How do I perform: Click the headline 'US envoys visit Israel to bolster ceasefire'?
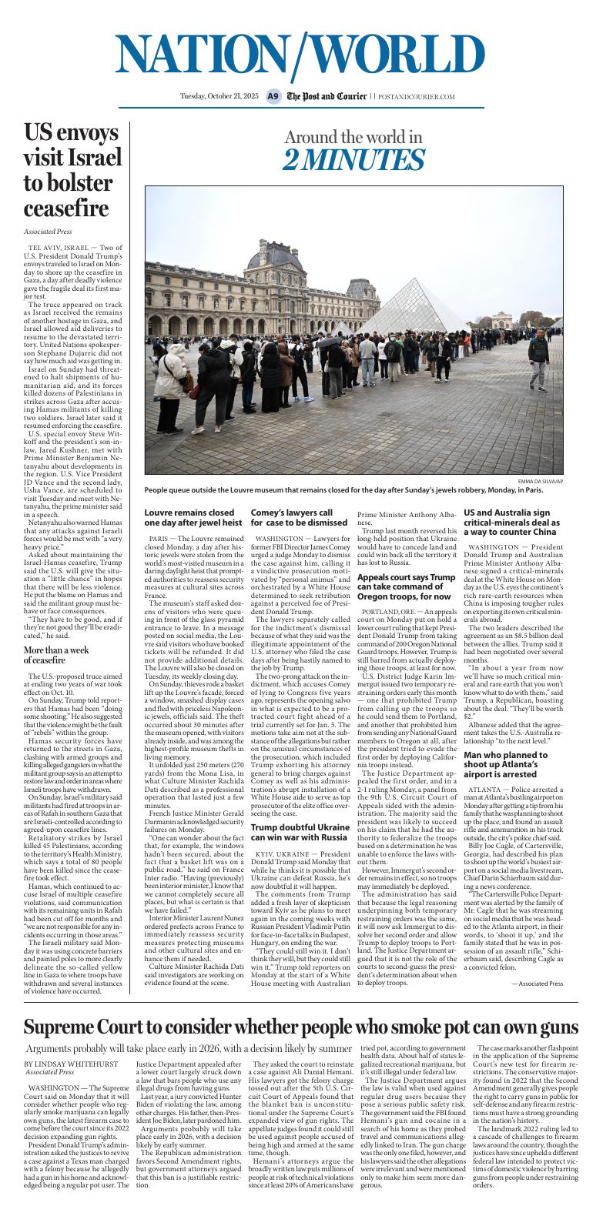pyautogui.click(x=72, y=170)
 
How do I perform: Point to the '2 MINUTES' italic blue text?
pyautogui.click(x=353, y=160)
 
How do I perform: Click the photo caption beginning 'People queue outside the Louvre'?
pyautogui.click(x=343, y=490)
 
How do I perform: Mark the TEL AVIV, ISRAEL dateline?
pyautogui.click(x=58, y=246)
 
